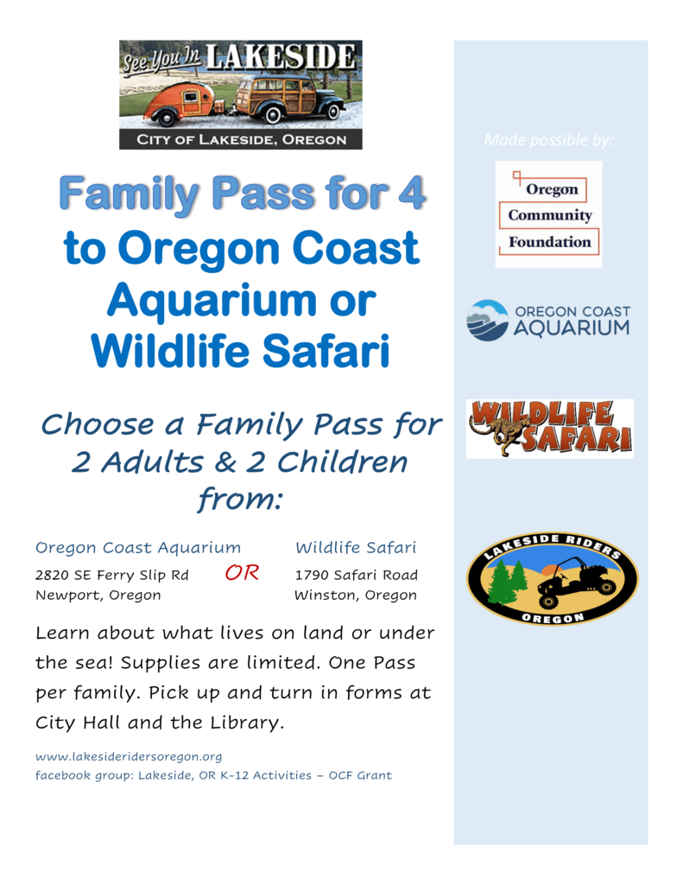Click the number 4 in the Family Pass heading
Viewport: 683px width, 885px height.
tap(411, 193)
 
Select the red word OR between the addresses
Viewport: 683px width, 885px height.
tap(242, 573)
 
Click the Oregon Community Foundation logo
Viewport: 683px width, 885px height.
tap(549, 214)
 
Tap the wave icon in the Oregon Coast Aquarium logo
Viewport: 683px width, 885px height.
tap(488, 320)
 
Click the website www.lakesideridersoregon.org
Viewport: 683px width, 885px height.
tap(129, 756)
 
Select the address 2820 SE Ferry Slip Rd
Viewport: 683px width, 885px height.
tap(111, 575)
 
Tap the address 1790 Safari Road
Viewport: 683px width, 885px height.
tap(357, 575)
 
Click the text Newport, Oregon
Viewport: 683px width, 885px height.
tap(98, 595)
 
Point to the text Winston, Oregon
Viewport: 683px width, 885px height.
tap(356, 595)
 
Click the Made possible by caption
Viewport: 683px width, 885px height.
tap(549, 140)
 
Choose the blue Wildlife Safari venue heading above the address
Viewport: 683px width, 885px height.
tap(356, 547)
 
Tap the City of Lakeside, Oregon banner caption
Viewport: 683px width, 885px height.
tap(242, 140)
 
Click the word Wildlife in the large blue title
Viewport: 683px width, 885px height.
tap(170, 351)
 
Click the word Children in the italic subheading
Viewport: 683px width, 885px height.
tap(342, 462)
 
